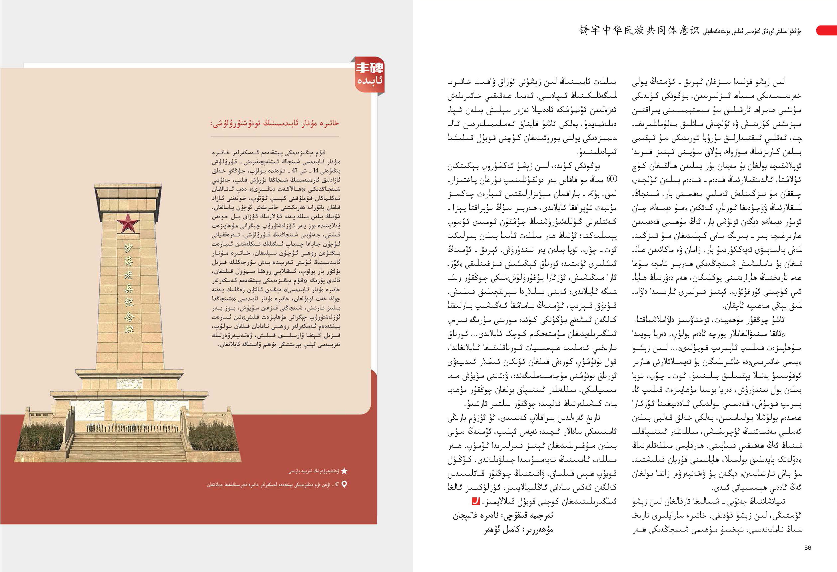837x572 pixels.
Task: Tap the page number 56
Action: click(x=807, y=547)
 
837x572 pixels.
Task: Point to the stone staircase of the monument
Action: click(x=128, y=447)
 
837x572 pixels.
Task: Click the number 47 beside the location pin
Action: click(x=336, y=485)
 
